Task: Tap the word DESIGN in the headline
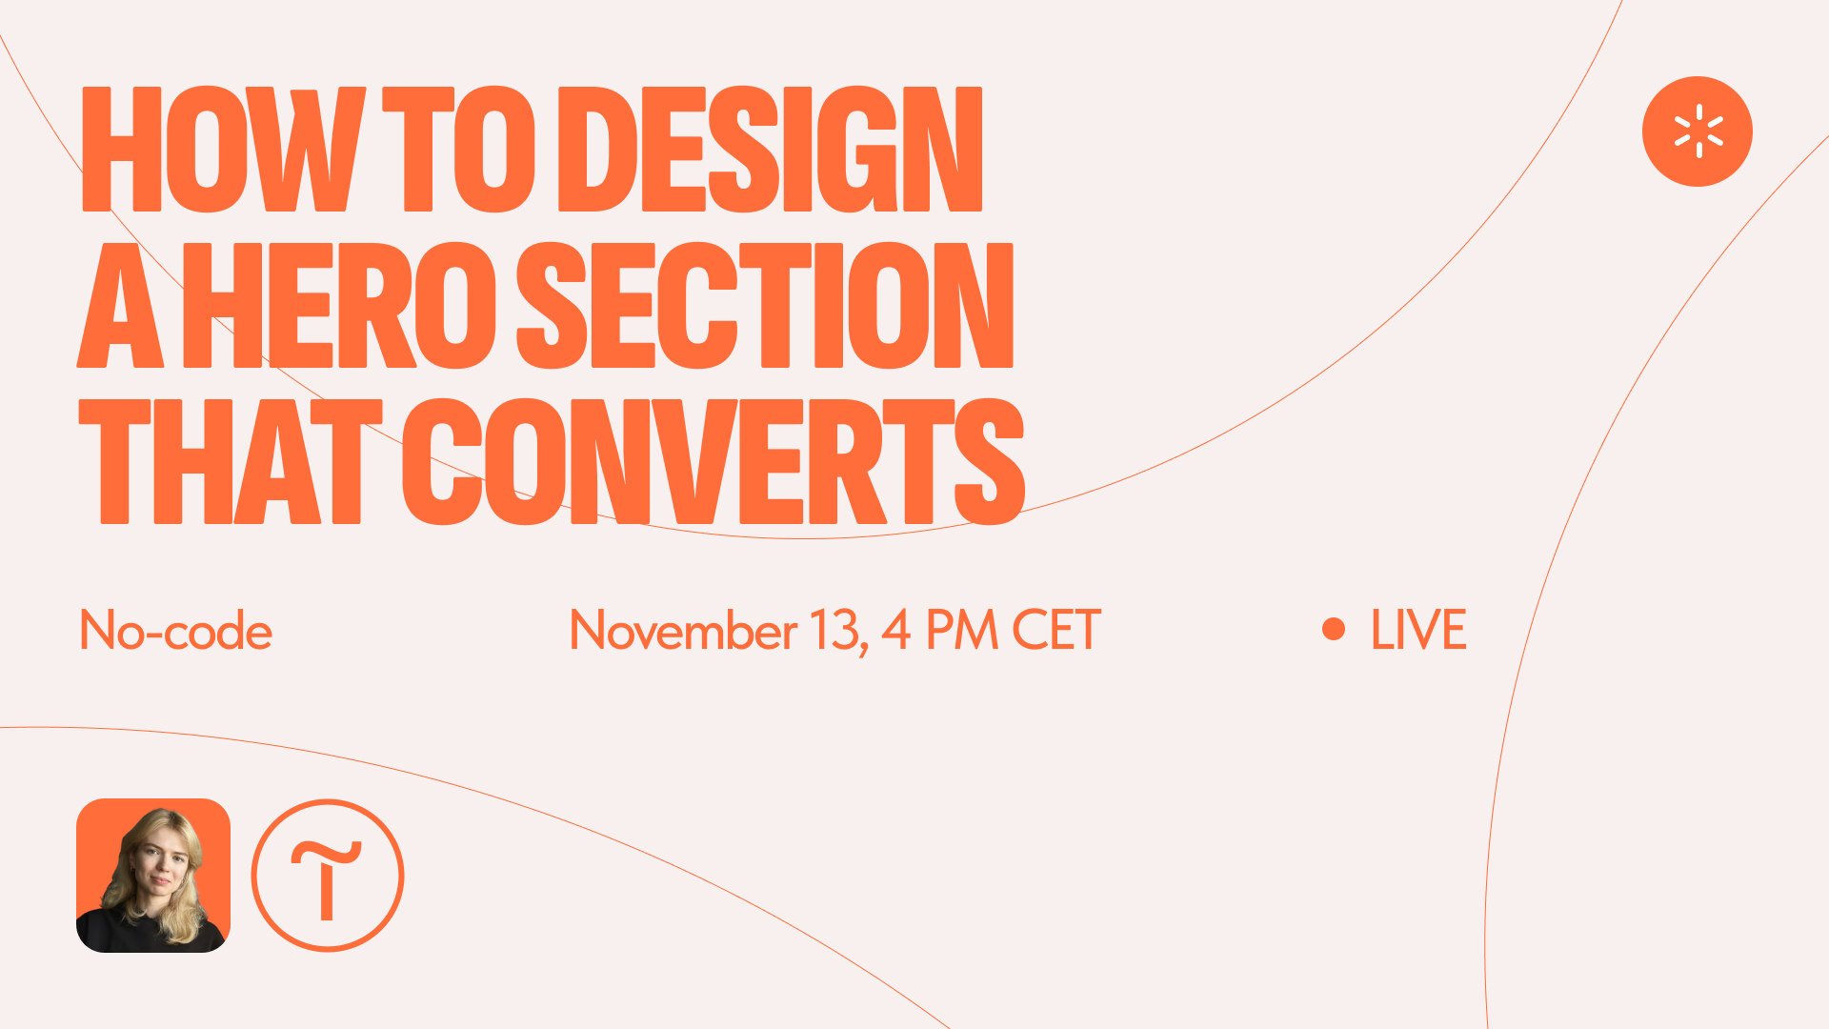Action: coord(771,150)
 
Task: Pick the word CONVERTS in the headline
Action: coord(714,461)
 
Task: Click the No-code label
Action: coord(176,631)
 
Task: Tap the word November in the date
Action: coord(683,631)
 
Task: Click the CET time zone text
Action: coord(1056,631)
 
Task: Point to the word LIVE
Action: coord(1418,631)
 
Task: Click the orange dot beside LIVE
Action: coord(1334,629)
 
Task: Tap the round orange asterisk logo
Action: coord(1698,131)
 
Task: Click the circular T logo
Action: coord(328,802)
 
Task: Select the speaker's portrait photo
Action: coord(153,876)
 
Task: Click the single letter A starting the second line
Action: coord(121,305)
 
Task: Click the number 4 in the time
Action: coord(895,631)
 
